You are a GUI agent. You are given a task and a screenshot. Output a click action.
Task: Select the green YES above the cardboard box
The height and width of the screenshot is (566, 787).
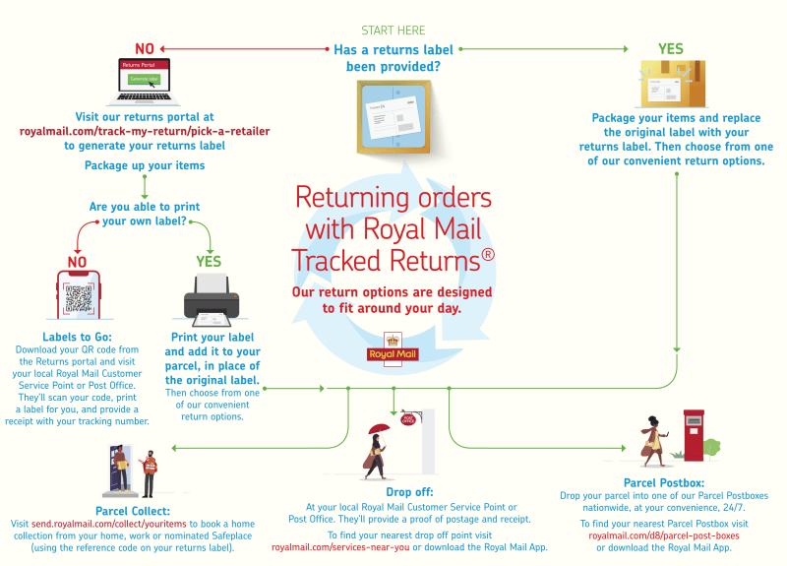tap(671, 49)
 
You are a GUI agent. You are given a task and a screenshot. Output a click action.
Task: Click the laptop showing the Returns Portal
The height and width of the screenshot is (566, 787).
tap(144, 80)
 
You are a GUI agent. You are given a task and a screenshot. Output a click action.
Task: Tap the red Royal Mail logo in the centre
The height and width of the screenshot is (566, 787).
tap(393, 350)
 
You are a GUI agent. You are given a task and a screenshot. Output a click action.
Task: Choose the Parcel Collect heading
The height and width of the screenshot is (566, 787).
tap(133, 511)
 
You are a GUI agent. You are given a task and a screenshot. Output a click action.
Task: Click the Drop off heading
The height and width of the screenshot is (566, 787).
tap(409, 491)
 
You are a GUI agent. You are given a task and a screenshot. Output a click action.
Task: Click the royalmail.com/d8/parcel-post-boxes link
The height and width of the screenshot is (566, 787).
tap(664, 535)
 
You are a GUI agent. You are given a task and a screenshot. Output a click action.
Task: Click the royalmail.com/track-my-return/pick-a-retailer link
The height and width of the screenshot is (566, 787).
tap(145, 131)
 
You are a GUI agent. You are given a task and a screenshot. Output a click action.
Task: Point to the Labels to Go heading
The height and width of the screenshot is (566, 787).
tap(83, 337)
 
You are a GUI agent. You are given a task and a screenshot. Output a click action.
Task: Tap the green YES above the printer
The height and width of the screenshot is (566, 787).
tap(209, 262)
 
